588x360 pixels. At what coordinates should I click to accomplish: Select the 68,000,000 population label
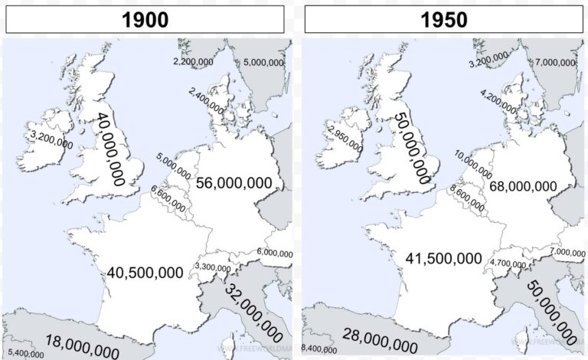[x=523, y=186]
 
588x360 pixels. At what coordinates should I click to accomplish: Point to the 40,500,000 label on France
[x=145, y=272]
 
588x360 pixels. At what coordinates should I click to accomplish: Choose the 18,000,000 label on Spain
[x=82, y=345]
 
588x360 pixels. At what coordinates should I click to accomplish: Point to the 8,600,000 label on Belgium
[x=467, y=198]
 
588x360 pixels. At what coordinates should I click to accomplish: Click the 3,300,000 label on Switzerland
[x=212, y=267]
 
